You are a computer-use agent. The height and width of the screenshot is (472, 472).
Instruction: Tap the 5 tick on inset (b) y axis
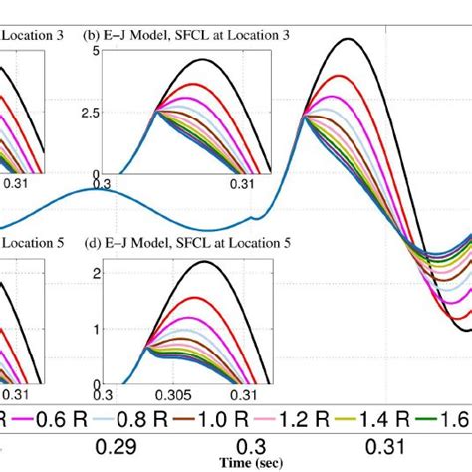(x=95, y=51)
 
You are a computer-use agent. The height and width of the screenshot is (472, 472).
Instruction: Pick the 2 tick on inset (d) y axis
(x=95, y=272)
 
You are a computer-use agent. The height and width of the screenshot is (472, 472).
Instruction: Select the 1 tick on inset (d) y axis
(x=95, y=328)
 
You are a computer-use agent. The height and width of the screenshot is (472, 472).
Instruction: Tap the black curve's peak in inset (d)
(x=204, y=262)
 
